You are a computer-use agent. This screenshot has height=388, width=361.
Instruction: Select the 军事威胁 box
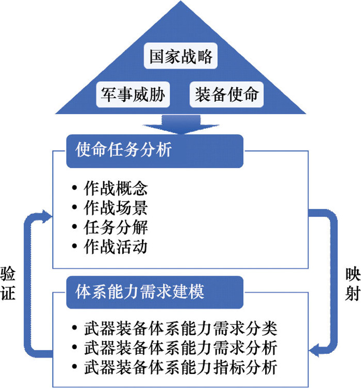(133, 95)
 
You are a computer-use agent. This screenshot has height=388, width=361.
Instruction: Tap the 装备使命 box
(226, 95)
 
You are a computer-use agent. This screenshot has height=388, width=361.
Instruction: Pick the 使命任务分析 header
(154, 151)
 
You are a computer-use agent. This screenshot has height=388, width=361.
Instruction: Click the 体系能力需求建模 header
(154, 292)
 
